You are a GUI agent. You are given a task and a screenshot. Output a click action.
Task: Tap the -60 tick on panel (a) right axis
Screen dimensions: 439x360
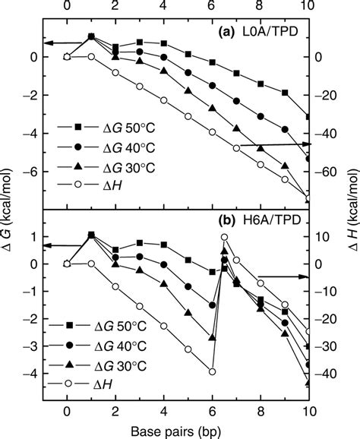[327, 173]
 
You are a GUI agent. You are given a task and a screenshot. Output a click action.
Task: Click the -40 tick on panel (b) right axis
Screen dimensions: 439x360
[327, 374]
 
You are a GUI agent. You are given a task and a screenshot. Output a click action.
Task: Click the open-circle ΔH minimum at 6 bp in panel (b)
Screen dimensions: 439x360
[213, 371]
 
